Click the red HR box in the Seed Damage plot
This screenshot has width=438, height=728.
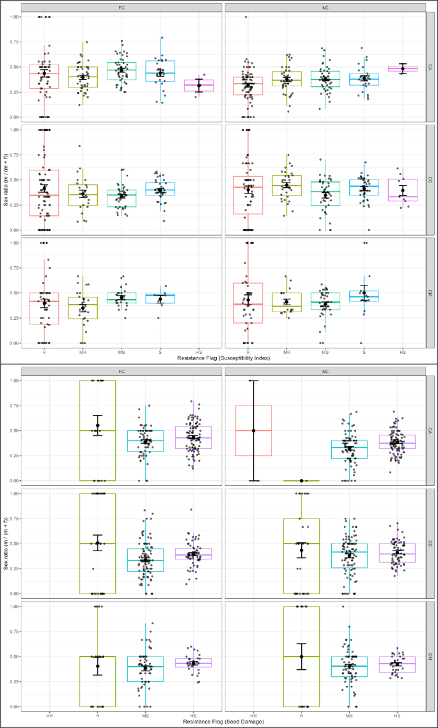click(x=253, y=430)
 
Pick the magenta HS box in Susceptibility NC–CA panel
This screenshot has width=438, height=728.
click(x=403, y=68)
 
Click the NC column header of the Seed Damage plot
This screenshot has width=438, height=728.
click(x=325, y=371)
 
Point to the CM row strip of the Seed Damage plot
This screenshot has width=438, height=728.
click(x=432, y=656)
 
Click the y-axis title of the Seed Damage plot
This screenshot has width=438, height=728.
click(x=6, y=543)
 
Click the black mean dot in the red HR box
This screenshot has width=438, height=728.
click(x=253, y=430)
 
